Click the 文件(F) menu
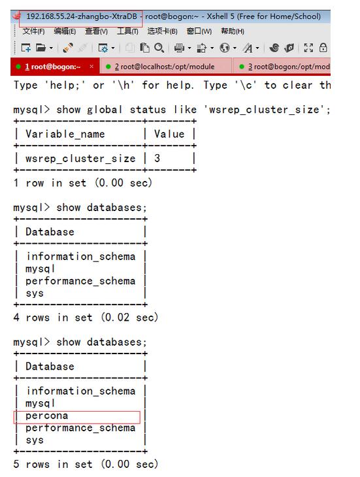click(33, 31)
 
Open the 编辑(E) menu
click(65, 31)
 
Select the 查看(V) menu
click(97, 31)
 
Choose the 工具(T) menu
click(127, 31)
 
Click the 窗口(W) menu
click(199, 31)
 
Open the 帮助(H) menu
click(233, 31)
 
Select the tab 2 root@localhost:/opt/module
click(165, 67)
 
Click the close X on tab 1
click(91, 66)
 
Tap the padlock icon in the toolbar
click(323, 48)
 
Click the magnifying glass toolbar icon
click(159, 48)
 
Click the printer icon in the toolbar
click(179, 48)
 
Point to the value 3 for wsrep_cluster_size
click(157, 158)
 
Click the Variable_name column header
click(65, 134)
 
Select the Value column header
click(169, 134)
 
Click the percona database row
click(47, 416)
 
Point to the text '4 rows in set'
click(53, 318)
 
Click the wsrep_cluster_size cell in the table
click(80, 159)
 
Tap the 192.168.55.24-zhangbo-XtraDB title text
click(82, 16)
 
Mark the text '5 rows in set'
click(53, 464)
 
